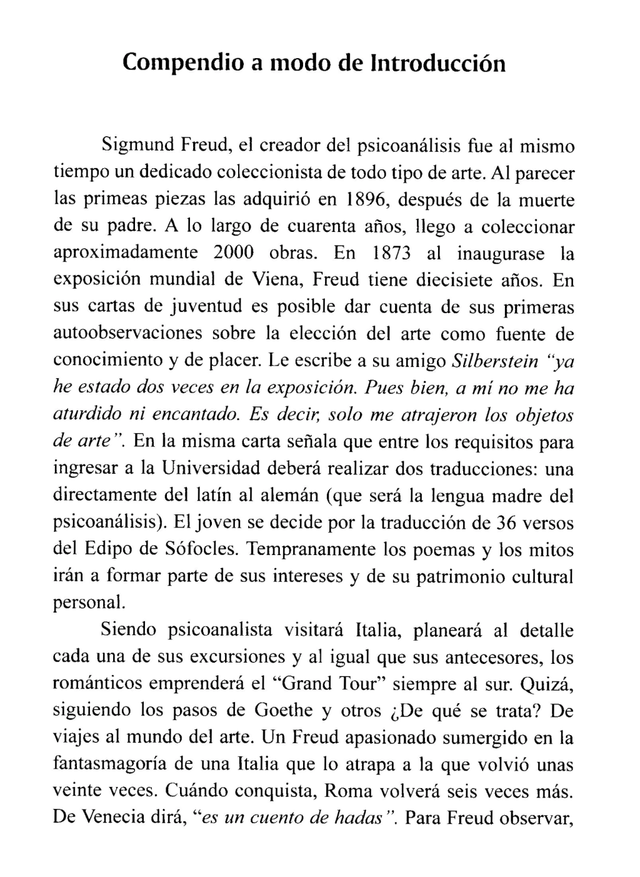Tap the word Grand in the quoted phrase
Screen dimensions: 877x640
[x=304, y=683]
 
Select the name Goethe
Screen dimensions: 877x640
[x=284, y=710]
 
